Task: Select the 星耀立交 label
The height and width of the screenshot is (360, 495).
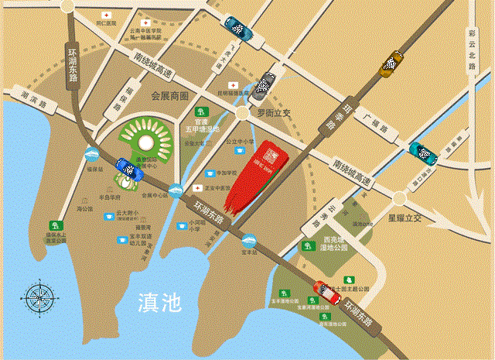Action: tap(408, 219)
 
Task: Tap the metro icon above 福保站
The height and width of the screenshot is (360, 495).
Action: tap(91, 154)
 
